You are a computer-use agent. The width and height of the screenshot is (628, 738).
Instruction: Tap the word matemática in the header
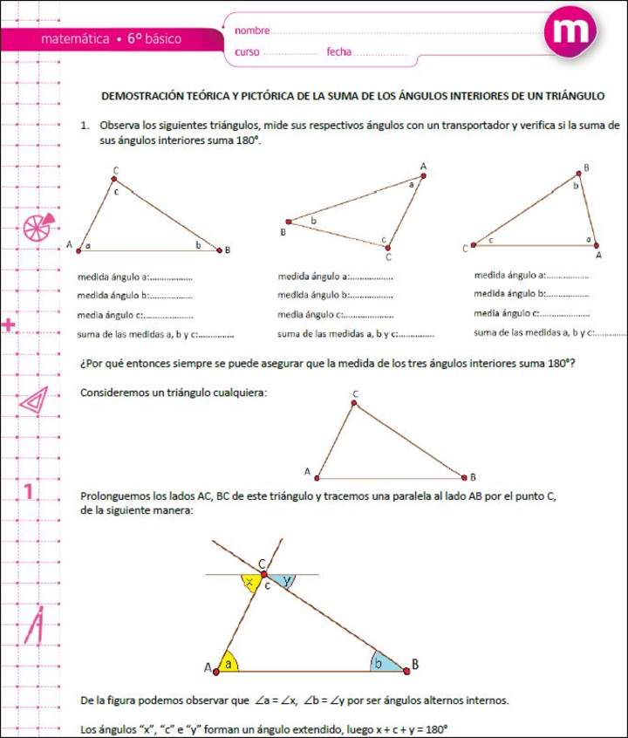[x=75, y=39]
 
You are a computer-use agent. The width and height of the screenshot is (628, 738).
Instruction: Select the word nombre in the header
[x=252, y=31]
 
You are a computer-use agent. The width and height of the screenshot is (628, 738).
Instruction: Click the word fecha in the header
[x=338, y=52]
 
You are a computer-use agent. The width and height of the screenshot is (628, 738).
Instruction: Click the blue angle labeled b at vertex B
[x=385, y=663]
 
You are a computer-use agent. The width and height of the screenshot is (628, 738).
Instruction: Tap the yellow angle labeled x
[x=251, y=583]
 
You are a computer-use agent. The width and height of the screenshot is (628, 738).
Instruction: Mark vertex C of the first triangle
[x=114, y=179]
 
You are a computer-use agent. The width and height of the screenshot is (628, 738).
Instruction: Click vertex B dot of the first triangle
[x=218, y=249]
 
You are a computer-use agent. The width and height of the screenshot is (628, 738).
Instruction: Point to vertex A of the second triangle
[x=423, y=175]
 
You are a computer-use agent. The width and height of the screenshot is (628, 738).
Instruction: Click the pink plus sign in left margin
[x=10, y=326]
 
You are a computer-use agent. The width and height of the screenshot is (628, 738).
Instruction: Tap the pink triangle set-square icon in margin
[x=34, y=400]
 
